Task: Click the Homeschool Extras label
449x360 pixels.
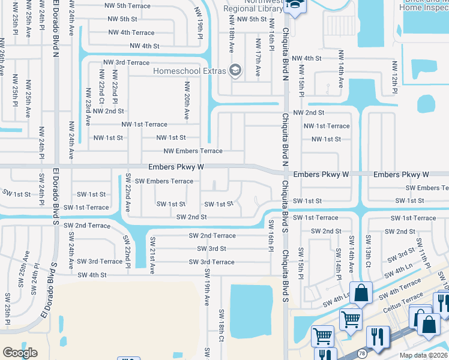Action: [189, 71]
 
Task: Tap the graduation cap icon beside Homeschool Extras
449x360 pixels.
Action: [235, 71]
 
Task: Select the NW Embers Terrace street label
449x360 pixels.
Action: [193, 151]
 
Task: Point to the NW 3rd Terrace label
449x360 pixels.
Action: [126, 62]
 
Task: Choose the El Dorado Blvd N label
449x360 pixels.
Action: [55, 24]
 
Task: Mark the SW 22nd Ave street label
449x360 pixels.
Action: [127, 193]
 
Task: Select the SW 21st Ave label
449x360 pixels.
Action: [152, 252]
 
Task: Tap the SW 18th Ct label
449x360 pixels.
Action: [221, 326]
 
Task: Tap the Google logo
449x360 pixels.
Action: [20, 353]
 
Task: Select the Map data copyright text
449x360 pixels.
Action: [424, 355]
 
